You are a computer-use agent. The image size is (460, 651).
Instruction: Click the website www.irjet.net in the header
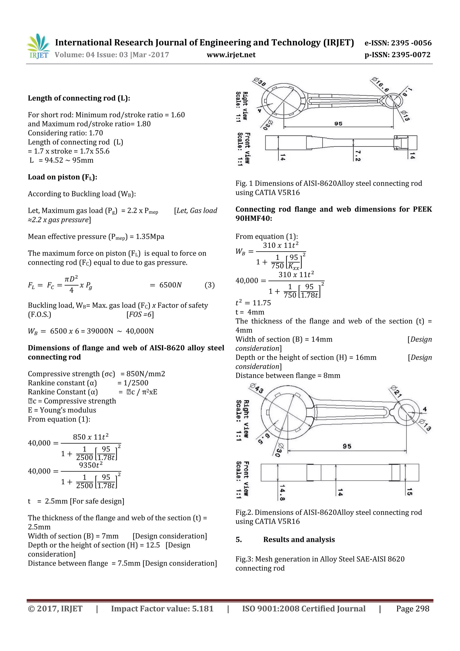point(231,55)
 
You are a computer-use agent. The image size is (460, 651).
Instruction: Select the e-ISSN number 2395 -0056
point(398,43)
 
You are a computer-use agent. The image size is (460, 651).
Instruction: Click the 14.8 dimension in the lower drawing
point(282,492)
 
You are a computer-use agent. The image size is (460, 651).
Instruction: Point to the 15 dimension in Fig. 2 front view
point(409,492)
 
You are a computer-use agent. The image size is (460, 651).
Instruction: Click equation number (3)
point(209,285)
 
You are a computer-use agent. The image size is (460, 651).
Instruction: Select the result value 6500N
point(170,285)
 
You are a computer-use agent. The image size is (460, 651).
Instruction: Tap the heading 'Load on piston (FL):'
point(62,177)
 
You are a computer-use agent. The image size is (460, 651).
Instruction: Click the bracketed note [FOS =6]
point(140,314)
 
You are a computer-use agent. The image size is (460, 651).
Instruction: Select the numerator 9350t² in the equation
point(91,465)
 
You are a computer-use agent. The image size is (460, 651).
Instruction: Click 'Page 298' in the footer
point(412,609)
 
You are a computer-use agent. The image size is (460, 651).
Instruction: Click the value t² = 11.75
point(253,303)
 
